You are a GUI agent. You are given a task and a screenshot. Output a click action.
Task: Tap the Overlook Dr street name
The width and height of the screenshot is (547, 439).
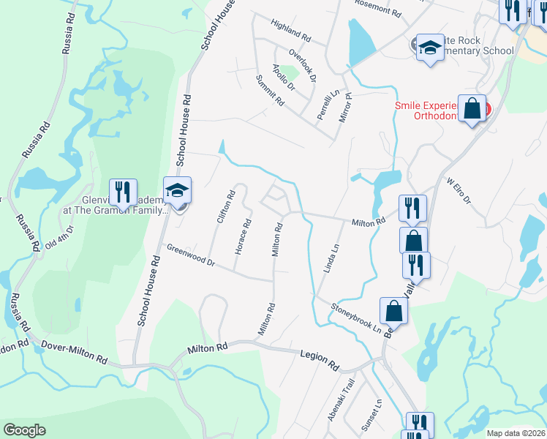(x=301, y=64)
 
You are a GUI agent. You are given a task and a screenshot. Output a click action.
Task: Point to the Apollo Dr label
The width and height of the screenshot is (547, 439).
(x=282, y=78)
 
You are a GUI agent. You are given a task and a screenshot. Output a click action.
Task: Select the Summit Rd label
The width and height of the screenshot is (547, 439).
(x=270, y=90)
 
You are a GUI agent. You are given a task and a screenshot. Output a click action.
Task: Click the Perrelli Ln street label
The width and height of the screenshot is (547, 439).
(x=323, y=105)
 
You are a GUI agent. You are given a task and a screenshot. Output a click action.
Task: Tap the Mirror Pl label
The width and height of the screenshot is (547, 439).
(x=345, y=106)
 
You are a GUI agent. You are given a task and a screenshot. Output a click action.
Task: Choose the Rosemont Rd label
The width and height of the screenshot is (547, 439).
(x=378, y=10)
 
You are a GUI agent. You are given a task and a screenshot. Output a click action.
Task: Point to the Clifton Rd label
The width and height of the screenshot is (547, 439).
(x=225, y=206)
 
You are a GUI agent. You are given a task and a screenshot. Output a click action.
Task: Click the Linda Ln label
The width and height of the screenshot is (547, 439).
(x=332, y=258)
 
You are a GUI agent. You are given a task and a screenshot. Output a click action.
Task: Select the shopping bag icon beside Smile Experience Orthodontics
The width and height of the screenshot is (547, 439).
(x=472, y=109)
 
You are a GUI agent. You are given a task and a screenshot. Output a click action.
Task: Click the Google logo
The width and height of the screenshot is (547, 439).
(x=25, y=430)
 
